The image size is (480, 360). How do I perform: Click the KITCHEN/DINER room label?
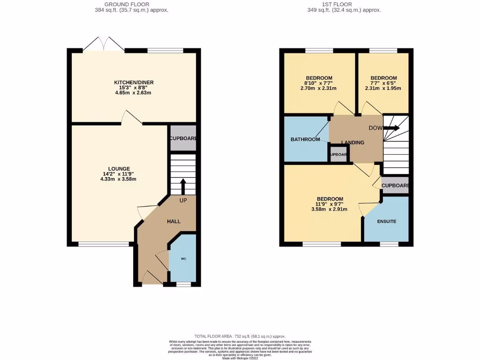click(x=134, y=82)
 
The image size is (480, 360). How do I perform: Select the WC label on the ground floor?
click(x=183, y=258)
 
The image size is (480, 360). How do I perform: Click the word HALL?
click(x=174, y=221)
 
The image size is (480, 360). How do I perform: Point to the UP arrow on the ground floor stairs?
click(x=183, y=186)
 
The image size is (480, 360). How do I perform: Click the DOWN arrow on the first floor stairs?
click(x=392, y=128)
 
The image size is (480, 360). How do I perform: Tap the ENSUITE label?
click(x=387, y=221)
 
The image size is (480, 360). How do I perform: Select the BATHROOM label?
click(x=305, y=139)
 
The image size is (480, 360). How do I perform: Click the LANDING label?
click(x=352, y=142)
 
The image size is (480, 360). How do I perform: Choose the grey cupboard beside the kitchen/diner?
click(x=183, y=139)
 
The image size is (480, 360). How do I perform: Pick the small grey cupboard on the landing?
click(x=338, y=155)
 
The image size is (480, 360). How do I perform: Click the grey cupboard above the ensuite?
click(x=395, y=186)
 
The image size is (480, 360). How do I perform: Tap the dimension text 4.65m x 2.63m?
click(x=134, y=93)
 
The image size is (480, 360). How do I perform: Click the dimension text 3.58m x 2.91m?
click(x=329, y=209)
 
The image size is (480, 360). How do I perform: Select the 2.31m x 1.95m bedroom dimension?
click(x=383, y=88)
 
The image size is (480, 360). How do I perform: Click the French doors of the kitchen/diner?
click(x=104, y=45)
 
